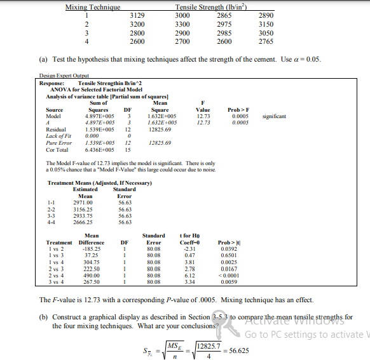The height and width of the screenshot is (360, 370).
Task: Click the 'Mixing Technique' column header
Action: click(x=93, y=7)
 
